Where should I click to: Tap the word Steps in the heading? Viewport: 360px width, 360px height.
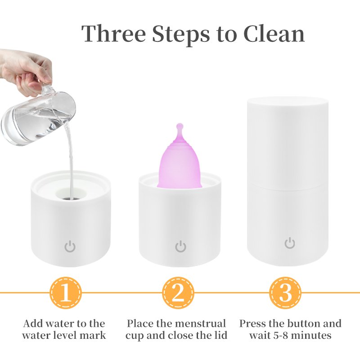coord(181,35)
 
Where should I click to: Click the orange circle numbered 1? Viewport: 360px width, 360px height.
coord(66,293)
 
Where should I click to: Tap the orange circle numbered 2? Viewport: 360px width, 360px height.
coord(178,293)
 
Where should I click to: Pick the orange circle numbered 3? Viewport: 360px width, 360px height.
coord(285,293)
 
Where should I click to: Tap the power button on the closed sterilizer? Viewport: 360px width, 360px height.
coord(290,243)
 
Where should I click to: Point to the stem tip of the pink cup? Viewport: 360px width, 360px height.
coord(180,126)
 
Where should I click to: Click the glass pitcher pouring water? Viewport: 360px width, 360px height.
coord(38,115)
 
